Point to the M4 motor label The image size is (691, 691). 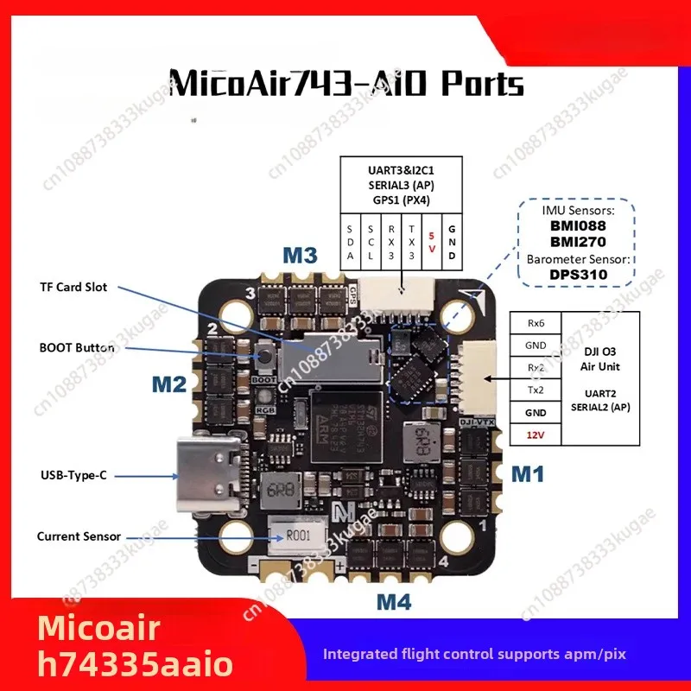click(392, 602)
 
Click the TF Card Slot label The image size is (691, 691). click(73, 287)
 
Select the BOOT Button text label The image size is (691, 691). click(77, 348)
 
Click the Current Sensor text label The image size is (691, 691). click(79, 536)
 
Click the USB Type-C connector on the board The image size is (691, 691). click(200, 470)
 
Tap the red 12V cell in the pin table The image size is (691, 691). click(536, 435)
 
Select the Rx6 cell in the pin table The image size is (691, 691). click(536, 322)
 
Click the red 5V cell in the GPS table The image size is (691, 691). click(431, 244)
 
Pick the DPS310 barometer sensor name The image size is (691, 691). click(579, 275)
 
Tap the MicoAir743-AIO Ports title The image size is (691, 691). click(345, 84)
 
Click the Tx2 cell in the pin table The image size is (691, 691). click(536, 390)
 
